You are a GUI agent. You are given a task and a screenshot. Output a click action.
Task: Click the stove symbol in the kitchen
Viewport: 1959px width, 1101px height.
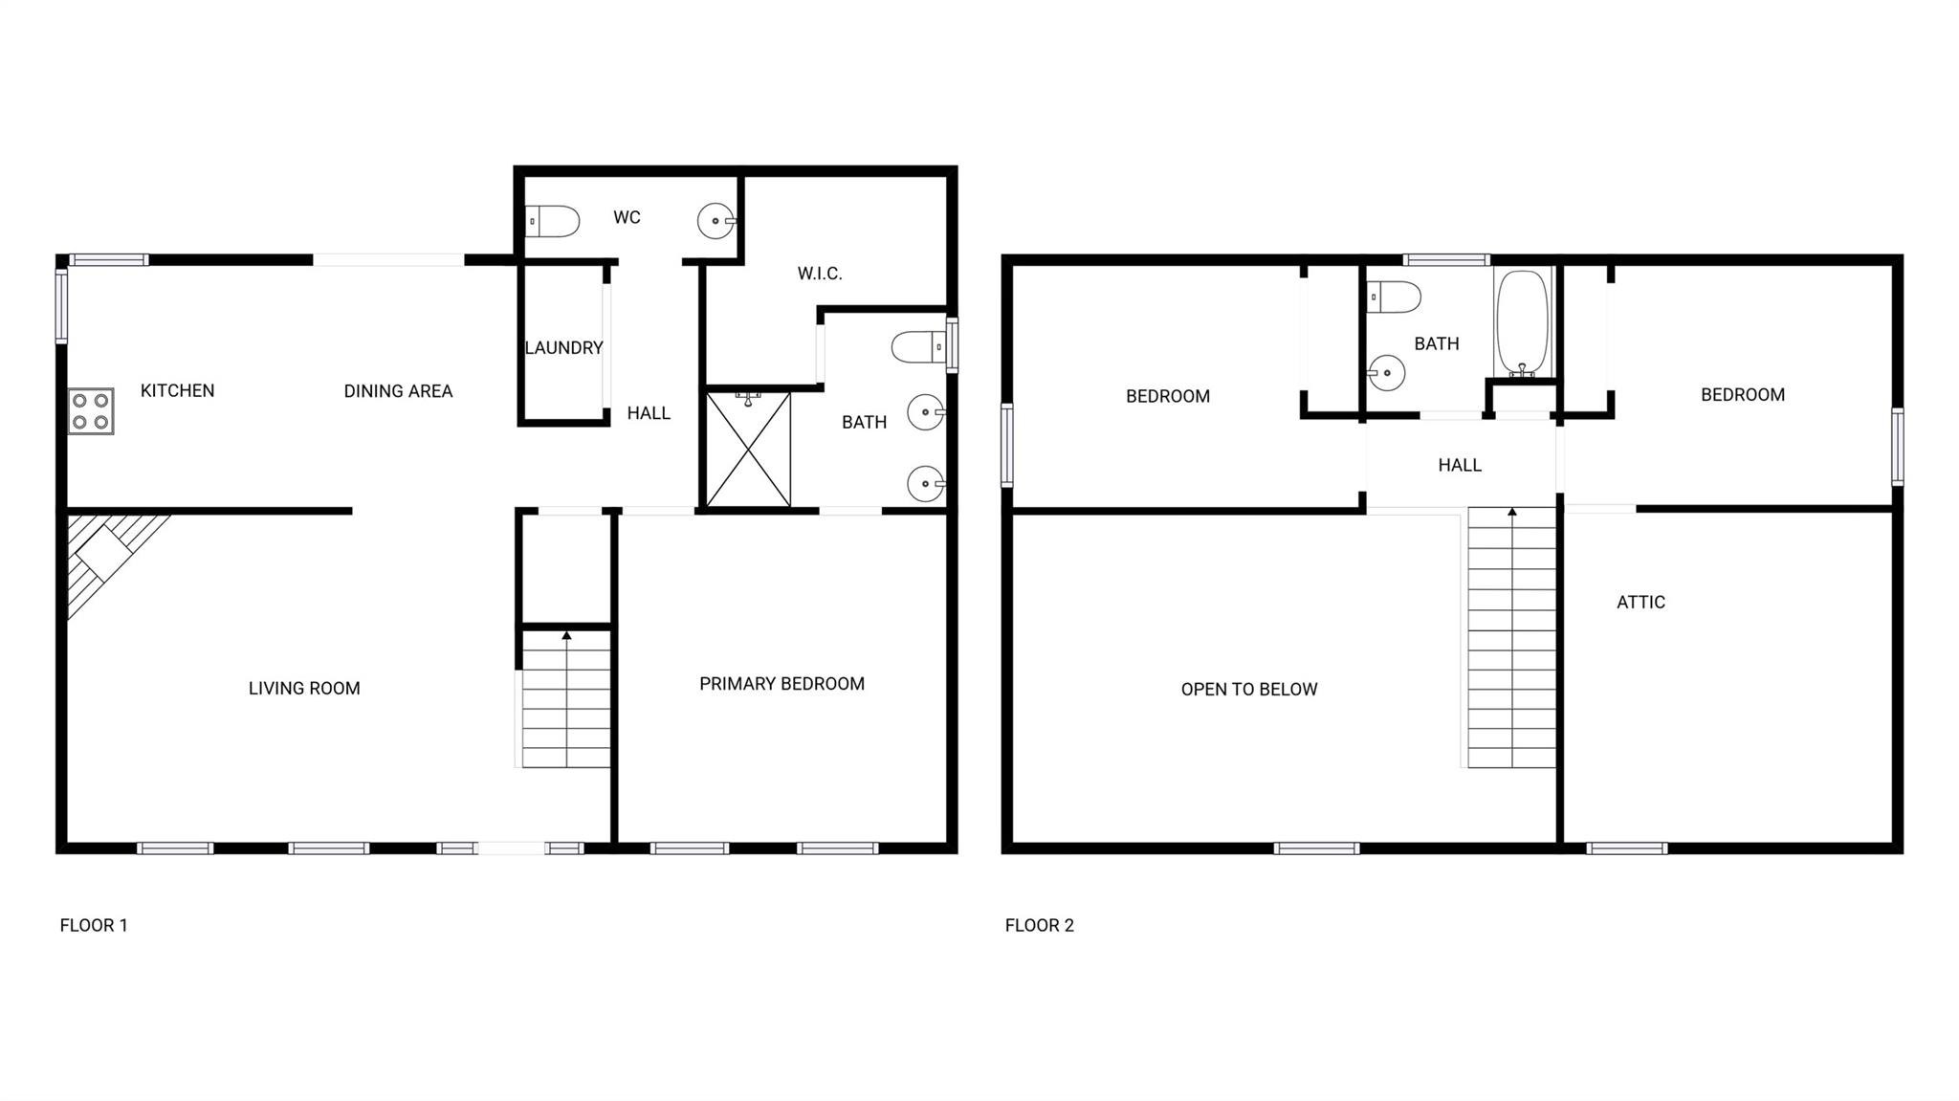click(x=91, y=411)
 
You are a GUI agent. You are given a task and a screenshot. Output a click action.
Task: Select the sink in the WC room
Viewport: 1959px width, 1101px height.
click(x=715, y=221)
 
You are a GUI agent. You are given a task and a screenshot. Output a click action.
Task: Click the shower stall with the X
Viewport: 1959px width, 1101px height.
click(x=748, y=450)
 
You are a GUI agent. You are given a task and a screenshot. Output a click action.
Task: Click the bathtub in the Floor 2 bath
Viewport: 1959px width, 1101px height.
click(x=1522, y=323)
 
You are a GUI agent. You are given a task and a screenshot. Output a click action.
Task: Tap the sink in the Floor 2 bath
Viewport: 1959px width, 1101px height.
click(x=1385, y=373)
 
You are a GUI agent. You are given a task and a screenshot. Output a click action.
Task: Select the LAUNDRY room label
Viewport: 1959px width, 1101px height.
click(x=563, y=348)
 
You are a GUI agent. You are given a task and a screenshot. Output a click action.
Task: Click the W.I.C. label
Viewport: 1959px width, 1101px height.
click(x=820, y=274)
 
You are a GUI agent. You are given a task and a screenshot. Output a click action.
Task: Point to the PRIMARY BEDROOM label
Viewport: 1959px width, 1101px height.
click(x=781, y=684)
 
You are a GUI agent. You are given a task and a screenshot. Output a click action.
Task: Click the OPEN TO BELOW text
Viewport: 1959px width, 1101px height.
click(x=1248, y=690)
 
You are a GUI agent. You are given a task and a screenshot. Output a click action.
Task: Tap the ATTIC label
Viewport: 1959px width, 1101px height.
click(x=1640, y=603)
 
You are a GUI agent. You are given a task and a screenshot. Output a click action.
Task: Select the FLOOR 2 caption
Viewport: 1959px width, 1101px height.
click(x=1039, y=925)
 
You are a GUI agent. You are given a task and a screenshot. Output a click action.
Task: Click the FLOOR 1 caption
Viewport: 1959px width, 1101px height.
click(x=94, y=925)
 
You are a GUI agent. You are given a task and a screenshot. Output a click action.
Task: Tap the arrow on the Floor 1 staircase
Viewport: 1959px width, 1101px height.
click(x=566, y=635)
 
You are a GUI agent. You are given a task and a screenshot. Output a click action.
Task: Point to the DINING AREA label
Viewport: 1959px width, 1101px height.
click(x=398, y=391)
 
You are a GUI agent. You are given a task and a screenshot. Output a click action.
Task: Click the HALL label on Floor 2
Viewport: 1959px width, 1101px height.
click(x=1460, y=466)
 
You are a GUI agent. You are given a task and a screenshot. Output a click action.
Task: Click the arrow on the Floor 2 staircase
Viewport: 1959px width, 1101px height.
click(x=1512, y=514)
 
